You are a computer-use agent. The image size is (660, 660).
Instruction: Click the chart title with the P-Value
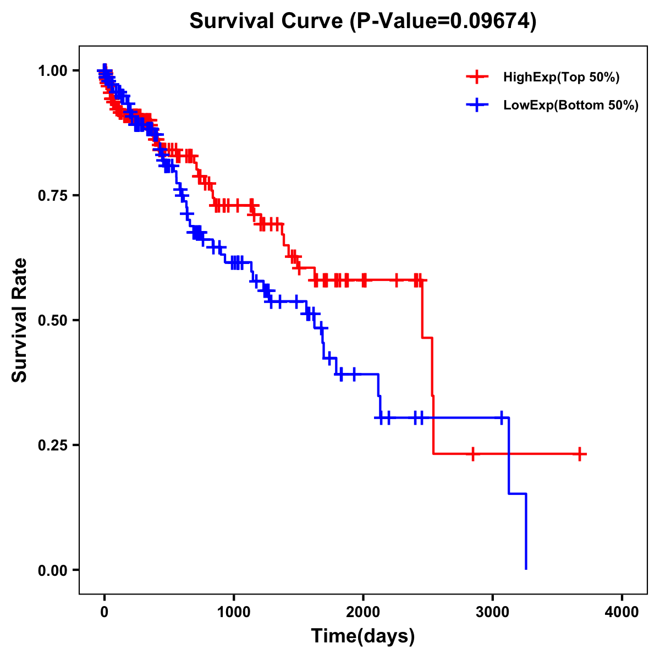click(362, 21)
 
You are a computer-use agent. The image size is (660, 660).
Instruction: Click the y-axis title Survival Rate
click(20, 320)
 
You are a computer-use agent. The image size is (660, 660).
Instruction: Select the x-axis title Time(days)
click(362, 636)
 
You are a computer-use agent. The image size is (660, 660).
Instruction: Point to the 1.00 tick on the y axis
click(52, 70)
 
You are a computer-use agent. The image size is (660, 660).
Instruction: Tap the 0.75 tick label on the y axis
click(52, 195)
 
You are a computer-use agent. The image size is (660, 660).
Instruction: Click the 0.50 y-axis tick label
click(52, 320)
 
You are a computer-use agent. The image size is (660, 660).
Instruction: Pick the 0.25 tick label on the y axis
click(52, 445)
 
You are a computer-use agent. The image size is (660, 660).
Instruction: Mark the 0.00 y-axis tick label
click(52, 570)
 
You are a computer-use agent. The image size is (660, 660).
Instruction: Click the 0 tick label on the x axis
click(105, 612)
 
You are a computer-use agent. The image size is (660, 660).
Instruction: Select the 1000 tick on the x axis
click(234, 612)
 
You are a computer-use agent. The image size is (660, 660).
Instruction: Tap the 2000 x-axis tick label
click(363, 612)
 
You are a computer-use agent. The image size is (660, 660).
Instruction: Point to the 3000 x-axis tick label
click(493, 612)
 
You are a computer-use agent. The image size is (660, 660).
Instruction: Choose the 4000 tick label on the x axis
click(622, 612)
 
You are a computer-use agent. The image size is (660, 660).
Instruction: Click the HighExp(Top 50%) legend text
click(561, 78)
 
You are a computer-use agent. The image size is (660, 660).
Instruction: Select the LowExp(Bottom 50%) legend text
click(571, 105)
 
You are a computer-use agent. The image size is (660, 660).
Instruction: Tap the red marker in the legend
click(477, 77)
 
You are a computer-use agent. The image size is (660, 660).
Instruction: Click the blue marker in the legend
click(477, 105)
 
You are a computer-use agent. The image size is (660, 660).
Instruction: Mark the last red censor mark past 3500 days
click(580, 454)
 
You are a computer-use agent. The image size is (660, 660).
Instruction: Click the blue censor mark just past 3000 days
click(502, 418)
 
